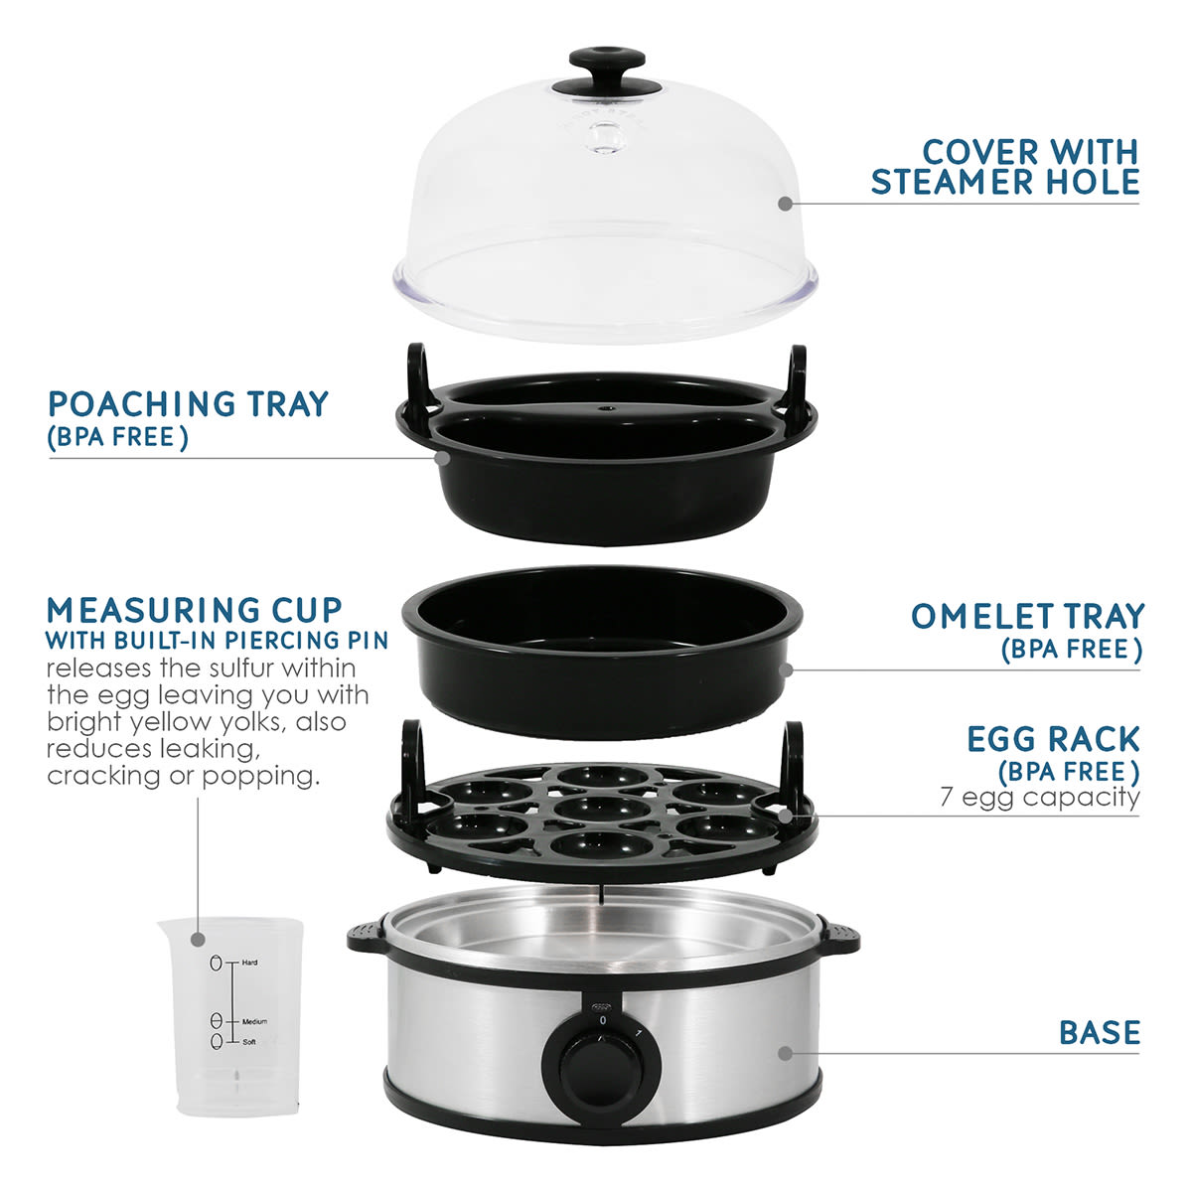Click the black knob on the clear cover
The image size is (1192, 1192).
pyautogui.click(x=606, y=72)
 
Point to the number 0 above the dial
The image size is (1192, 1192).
pyautogui.click(x=603, y=1020)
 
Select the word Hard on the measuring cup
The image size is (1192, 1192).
pyautogui.click(x=250, y=963)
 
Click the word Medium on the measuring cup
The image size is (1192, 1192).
pyautogui.click(x=255, y=1021)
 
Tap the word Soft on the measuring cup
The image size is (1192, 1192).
pyautogui.click(x=249, y=1042)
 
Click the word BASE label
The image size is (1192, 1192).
pyautogui.click(x=1100, y=1032)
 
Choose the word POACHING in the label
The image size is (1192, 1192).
pyautogui.click(x=142, y=404)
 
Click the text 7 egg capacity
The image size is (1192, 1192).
pyautogui.click(x=1039, y=797)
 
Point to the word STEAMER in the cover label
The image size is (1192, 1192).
pyautogui.click(x=952, y=182)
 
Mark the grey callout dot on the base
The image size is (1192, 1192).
pyautogui.click(x=785, y=1054)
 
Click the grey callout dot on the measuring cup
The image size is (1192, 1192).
pyautogui.click(x=198, y=941)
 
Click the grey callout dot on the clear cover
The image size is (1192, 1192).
pyautogui.click(x=785, y=204)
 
